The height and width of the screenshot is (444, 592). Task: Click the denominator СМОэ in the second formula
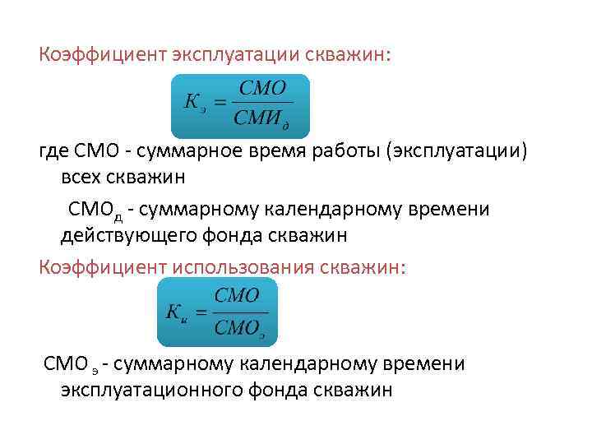tap(239, 328)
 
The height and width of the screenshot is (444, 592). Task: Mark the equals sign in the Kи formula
tap(201, 312)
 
